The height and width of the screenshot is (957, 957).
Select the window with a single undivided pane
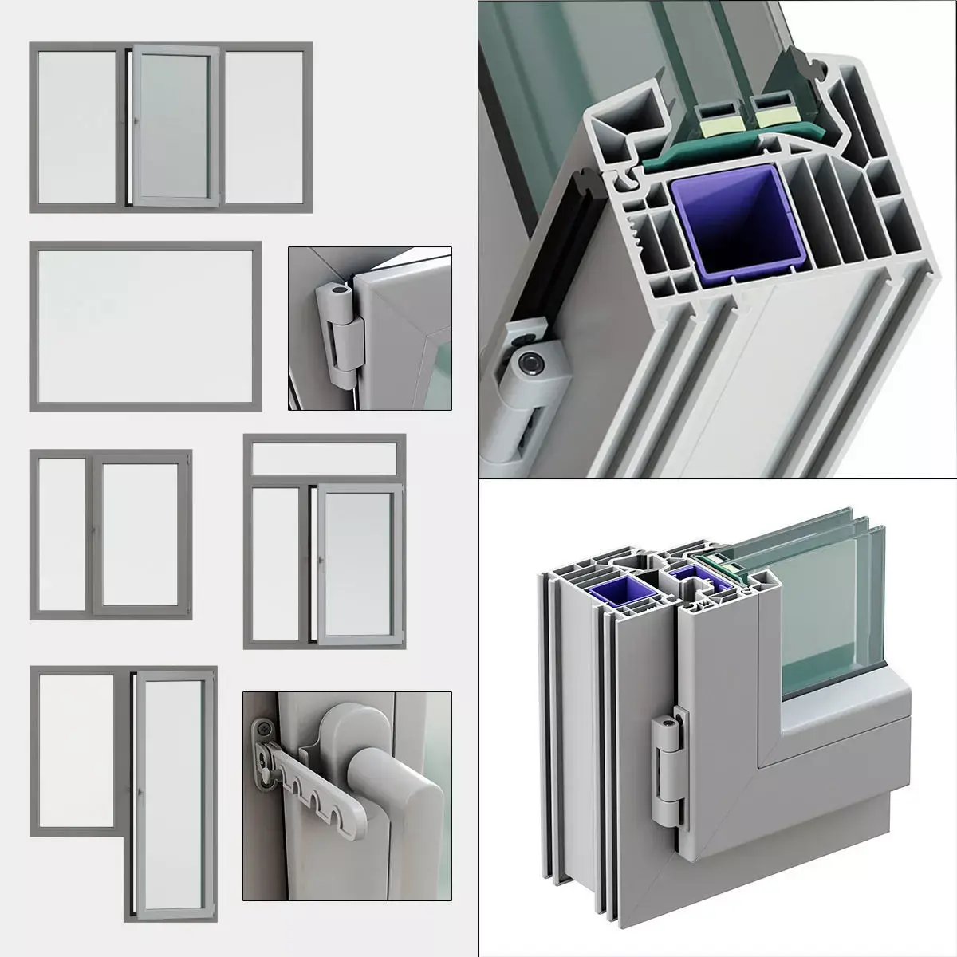point(146,326)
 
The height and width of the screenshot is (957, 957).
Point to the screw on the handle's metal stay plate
point(263,727)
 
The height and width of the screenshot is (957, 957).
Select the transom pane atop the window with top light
point(325,455)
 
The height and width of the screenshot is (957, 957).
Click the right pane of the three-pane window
point(265,128)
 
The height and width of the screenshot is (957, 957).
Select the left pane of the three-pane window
point(77,128)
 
